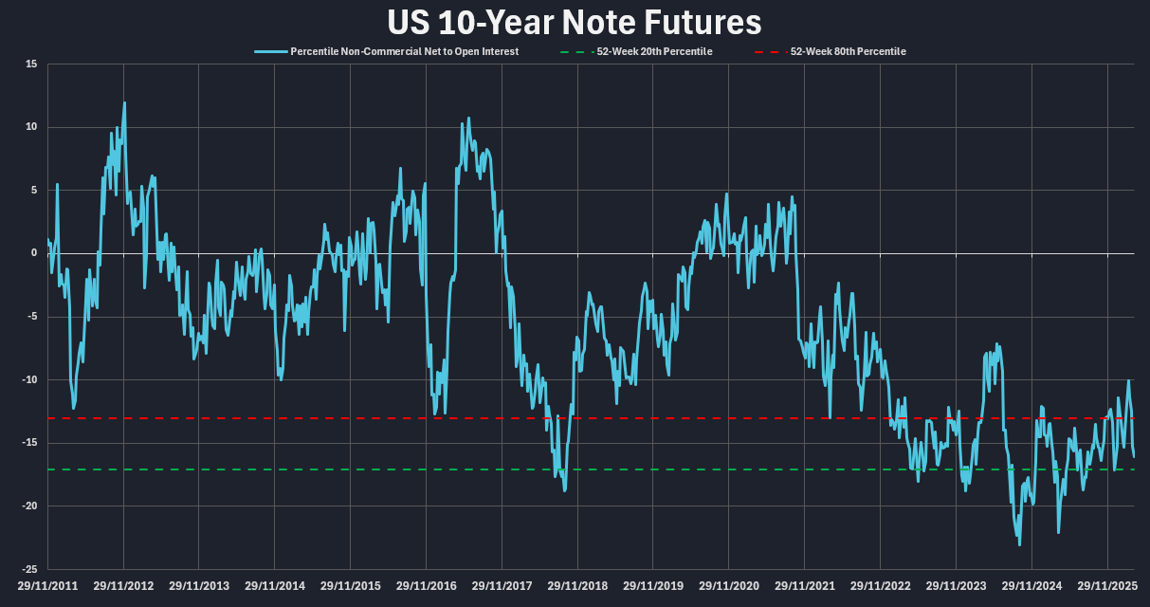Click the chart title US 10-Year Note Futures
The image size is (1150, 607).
click(575, 23)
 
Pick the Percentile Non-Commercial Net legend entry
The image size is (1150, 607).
click(404, 51)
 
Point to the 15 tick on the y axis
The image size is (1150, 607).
click(31, 64)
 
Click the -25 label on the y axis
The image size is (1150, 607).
click(29, 569)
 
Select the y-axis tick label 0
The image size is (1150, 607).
click(33, 253)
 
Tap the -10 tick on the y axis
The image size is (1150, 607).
click(29, 379)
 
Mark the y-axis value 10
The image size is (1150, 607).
click(31, 127)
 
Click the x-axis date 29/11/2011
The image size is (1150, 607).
click(47, 586)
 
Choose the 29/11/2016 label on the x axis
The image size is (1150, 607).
click(426, 586)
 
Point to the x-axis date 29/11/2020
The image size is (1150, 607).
click(728, 586)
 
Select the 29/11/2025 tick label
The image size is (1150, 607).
click(1106, 586)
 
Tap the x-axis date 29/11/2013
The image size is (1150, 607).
click(199, 586)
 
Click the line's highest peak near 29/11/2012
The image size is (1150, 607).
click(124, 102)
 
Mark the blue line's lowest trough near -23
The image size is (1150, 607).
click(1020, 544)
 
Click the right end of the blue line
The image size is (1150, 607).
click(1134, 457)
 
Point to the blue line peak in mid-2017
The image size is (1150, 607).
click(468, 119)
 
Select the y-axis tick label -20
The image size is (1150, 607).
click(29, 506)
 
